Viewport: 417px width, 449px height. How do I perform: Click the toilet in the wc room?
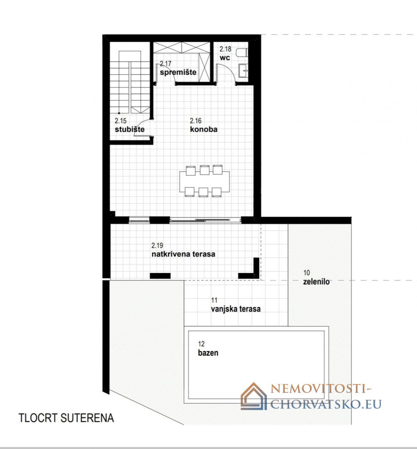(242, 53)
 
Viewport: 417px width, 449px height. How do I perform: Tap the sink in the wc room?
(244, 70)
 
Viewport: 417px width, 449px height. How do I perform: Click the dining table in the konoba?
(205, 181)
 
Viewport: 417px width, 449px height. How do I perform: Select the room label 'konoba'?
(204, 129)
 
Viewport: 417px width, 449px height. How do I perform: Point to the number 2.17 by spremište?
(165, 63)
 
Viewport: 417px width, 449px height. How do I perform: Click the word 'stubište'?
(129, 129)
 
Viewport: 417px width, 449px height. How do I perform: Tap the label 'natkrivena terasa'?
(183, 254)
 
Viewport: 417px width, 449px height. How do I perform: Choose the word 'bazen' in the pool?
(208, 353)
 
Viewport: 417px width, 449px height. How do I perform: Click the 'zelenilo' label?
(316, 281)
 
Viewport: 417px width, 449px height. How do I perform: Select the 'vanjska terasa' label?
(236, 309)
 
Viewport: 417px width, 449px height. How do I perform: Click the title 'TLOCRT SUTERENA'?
(66, 418)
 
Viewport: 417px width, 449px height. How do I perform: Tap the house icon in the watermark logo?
(254, 396)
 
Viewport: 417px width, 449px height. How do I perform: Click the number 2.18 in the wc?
(225, 49)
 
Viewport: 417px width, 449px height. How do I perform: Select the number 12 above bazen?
(201, 344)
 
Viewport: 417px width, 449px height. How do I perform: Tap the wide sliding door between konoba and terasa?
(205, 220)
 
